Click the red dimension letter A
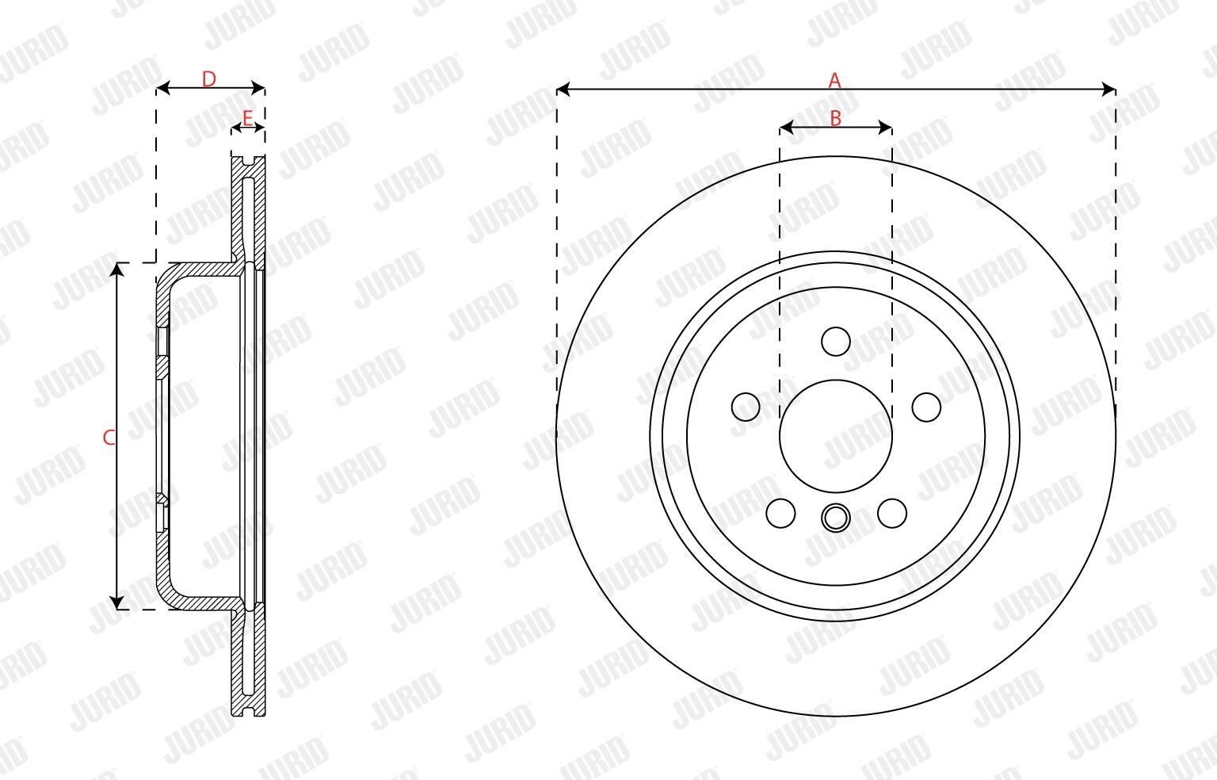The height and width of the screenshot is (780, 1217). click(834, 80)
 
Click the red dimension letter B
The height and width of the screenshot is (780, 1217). click(836, 118)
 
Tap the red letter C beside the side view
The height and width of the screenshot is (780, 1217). click(109, 437)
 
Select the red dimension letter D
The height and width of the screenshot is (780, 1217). click(209, 78)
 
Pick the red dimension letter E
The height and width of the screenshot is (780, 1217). click(247, 117)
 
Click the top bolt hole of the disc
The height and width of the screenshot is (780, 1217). click(836, 342)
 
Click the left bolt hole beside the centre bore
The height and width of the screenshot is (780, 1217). click(746, 407)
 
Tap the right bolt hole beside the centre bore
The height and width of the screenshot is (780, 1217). click(926, 407)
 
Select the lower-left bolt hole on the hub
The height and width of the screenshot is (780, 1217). click(780, 513)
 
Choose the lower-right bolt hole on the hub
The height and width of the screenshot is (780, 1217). click(892, 513)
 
